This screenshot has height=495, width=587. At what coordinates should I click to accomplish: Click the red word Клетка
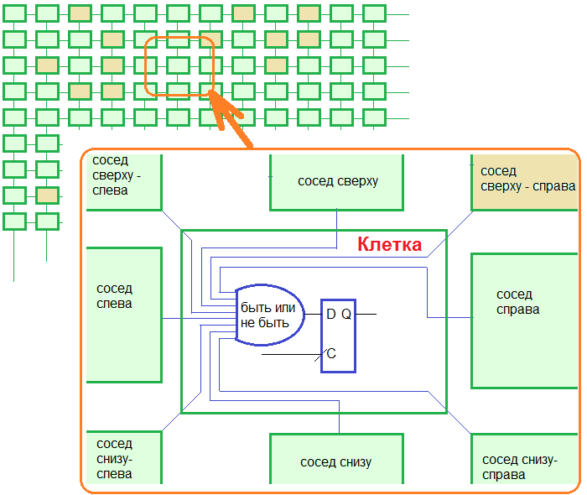tap(389, 245)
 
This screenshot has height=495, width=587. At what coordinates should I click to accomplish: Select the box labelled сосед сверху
tap(337, 182)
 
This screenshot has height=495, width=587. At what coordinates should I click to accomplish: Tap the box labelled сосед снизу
tap(336, 462)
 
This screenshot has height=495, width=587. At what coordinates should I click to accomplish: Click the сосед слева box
tap(124, 315)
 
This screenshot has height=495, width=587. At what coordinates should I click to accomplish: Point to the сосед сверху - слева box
tap(124, 181)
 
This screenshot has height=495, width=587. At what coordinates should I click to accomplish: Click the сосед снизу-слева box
tap(124, 458)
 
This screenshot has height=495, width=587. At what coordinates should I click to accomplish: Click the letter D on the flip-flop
tap(330, 314)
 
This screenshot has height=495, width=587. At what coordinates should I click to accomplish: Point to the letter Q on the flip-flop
tap(346, 314)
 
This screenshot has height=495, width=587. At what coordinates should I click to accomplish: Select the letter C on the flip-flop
tap(331, 354)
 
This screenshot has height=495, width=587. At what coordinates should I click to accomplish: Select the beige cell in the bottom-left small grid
tap(48, 195)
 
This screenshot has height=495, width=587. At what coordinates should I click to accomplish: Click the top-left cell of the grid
tap(14, 13)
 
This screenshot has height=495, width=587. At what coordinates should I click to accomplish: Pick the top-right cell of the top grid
tap(374, 13)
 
